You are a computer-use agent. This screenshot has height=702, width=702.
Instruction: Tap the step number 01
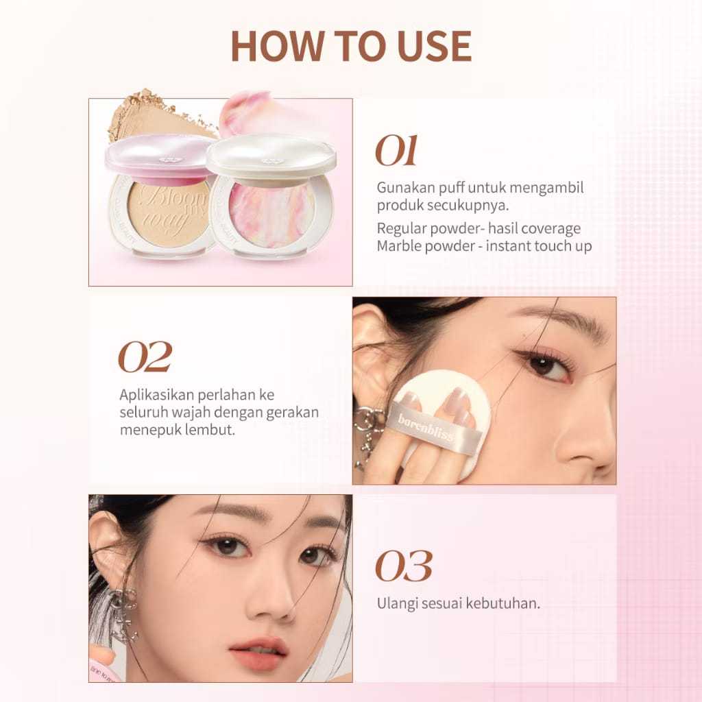[396, 151]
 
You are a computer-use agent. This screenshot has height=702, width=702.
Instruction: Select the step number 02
[145, 356]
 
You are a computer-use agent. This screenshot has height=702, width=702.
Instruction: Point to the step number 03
[404, 566]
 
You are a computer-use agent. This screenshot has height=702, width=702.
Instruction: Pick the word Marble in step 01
[398, 246]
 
